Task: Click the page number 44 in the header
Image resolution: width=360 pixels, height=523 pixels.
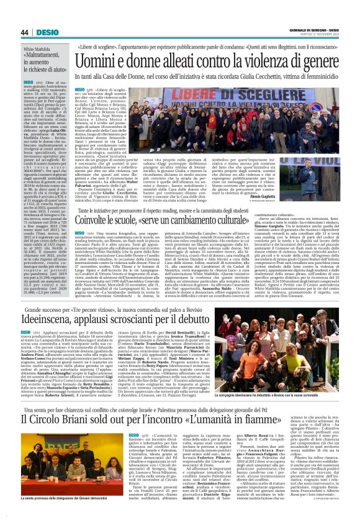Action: point(24,32)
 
